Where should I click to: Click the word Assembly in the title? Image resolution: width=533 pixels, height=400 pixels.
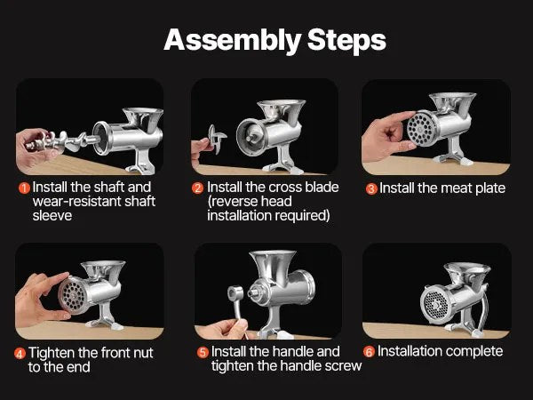click(233, 41)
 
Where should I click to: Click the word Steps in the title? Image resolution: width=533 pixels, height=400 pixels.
click(346, 40)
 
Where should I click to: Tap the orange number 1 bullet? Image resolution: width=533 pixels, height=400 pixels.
click(24, 188)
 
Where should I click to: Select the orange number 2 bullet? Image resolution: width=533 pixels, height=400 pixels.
click(197, 188)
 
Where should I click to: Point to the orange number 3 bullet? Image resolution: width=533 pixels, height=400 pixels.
click(371, 188)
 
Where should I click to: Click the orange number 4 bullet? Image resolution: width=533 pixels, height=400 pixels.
click(20, 354)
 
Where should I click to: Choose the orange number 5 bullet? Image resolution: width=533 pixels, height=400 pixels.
click(203, 352)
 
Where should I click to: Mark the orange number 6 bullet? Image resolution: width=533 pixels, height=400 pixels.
click(369, 352)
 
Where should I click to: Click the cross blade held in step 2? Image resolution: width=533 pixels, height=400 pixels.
click(217, 139)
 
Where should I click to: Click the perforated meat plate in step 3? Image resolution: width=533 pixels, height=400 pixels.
click(421, 129)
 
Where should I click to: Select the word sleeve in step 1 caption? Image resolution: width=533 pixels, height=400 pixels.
click(52, 216)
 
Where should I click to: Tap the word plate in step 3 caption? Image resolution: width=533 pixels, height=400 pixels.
click(490, 189)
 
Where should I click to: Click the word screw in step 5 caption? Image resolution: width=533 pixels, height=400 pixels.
click(343, 366)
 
